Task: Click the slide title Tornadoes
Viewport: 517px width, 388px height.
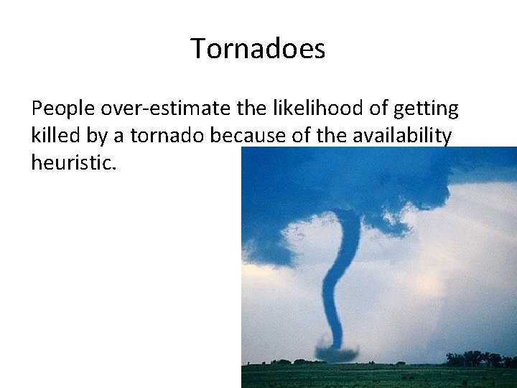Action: coord(258,49)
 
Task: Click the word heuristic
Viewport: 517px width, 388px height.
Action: coord(70,162)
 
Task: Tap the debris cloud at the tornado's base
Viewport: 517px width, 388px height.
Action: coord(337,354)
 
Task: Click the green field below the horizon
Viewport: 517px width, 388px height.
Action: coord(373,376)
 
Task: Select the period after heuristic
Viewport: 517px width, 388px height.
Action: coord(113,167)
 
